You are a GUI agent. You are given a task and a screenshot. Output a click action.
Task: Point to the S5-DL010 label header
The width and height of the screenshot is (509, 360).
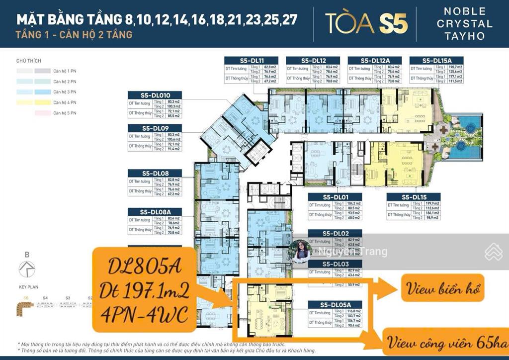pos(155,95)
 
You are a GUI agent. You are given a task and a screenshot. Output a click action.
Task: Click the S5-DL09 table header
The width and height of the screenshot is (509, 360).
pos(155,128)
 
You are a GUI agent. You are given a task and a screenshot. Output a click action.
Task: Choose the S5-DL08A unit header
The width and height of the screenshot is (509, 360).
pos(155,212)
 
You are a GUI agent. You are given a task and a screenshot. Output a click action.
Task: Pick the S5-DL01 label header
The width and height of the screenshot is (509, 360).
pos(334,197)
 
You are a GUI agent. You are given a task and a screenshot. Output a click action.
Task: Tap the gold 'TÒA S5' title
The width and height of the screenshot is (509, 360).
pos(366,23)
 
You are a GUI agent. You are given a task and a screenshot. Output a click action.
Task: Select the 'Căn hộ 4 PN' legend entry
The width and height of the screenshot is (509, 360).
pos(65,102)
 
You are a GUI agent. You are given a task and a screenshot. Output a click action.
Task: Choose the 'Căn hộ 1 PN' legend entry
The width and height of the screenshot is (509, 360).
pos(65,71)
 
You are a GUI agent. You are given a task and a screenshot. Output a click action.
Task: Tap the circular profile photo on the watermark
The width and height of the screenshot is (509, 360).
pos(302,251)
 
